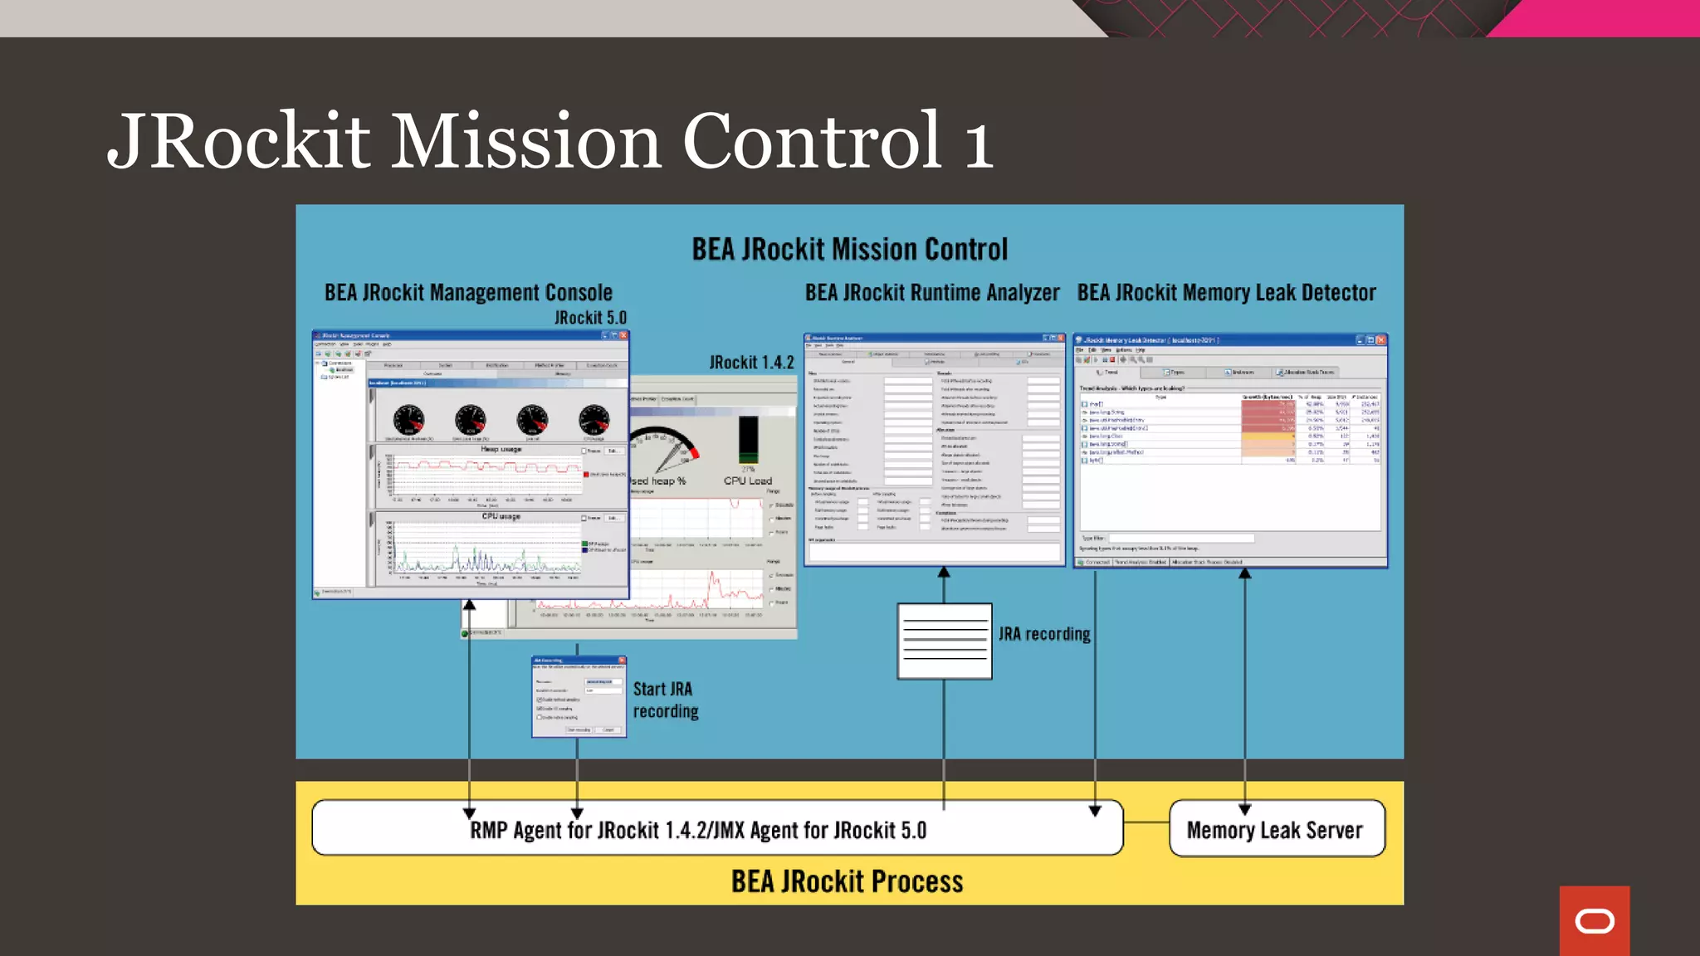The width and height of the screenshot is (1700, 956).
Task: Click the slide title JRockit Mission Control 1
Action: coord(550,141)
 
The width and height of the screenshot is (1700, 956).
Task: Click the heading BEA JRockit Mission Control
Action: coord(849,249)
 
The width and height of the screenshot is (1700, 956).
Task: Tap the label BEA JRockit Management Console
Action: coord(468,293)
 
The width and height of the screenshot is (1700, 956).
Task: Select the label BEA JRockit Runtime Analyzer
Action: coord(931,293)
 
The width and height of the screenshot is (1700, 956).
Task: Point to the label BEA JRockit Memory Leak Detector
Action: coord(1226,293)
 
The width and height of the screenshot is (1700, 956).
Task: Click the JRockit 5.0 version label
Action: coord(590,318)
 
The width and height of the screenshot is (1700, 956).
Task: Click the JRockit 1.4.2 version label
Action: coord(751,363)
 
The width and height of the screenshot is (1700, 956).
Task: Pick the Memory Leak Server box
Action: coord(1276,829)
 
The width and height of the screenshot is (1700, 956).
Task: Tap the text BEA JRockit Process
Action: coord(847,881)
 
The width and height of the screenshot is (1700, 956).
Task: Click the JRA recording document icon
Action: coord(944,641)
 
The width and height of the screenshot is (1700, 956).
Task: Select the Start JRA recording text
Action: coord(665,700)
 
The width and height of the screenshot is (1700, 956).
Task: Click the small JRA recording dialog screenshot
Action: coord(579,697)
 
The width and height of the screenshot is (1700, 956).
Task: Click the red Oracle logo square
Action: coord(1594,920)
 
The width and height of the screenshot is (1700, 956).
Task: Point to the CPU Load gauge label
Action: coord(747,480)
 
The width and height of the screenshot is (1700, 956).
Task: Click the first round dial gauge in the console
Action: coord(408,421)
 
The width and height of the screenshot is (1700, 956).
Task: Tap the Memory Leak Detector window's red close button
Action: coord(1380,340)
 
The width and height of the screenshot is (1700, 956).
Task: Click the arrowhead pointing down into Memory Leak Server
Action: coord(1244,808)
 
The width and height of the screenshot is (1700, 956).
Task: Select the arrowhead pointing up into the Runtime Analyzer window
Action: coord(944,573)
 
